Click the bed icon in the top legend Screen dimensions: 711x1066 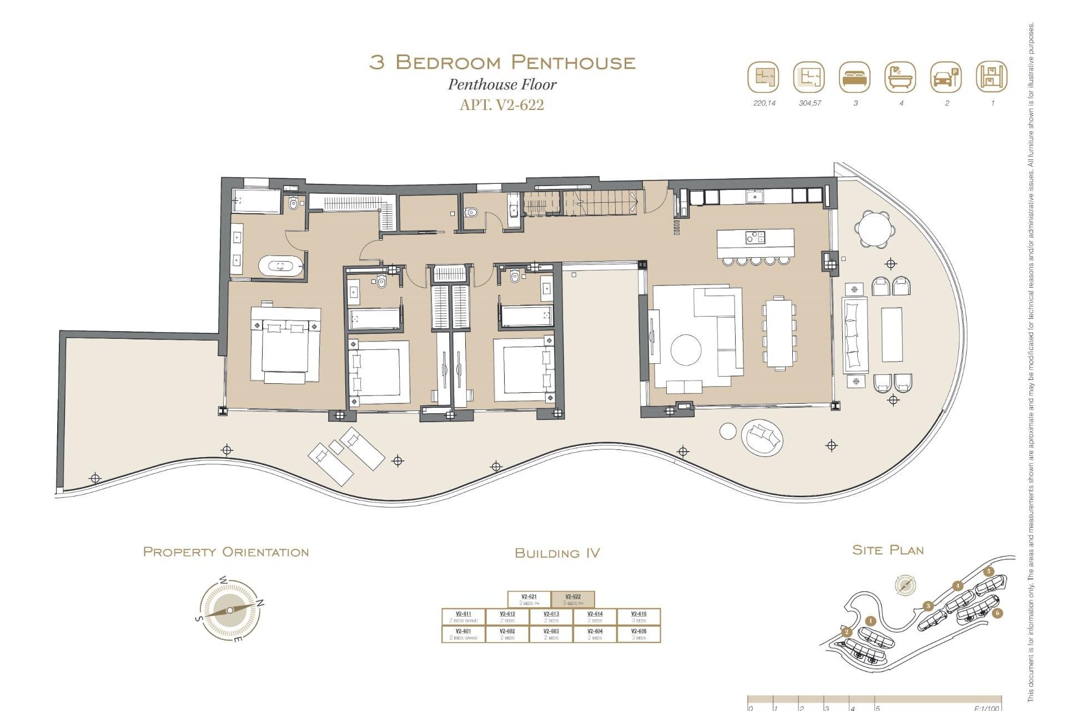pos(855,77)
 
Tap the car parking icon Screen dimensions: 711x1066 pos(946,77)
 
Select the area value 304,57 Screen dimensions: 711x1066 pos(809,103)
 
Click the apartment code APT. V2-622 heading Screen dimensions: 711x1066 pos(502,104)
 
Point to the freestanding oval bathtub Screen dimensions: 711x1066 pos(281,266)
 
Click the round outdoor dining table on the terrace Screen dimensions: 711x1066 pos(875,228)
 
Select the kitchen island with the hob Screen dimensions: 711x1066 pos(755,243)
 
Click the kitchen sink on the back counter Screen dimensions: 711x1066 pos(756,196)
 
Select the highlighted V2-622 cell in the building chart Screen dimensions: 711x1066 pos(573,599)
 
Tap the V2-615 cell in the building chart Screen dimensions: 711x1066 pos(638,617)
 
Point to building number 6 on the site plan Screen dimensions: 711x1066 pos(998,613)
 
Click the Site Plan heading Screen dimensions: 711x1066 pos(888,550)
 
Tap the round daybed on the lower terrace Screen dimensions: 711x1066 pos(762,437)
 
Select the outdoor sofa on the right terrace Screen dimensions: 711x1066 pos(855,335)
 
